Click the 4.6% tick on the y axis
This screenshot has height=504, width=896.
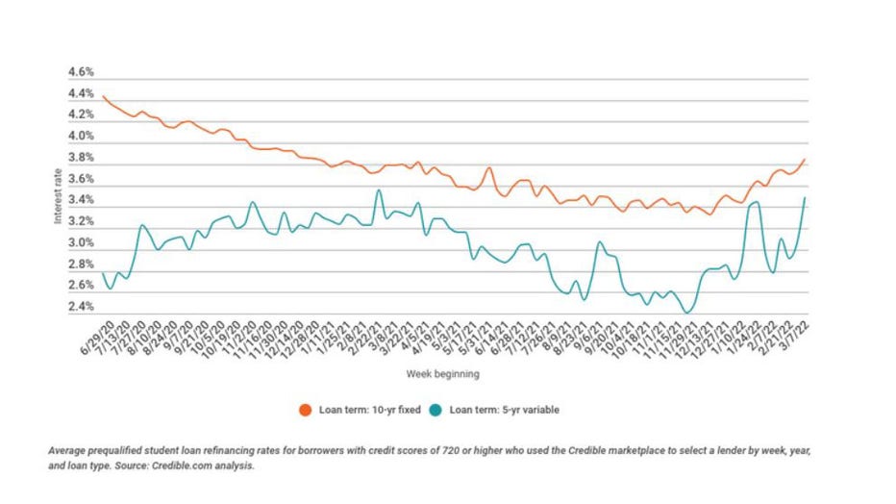click(x=80, y=72)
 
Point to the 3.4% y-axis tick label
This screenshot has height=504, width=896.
click(x=80, y=200)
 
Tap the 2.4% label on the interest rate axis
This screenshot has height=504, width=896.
click(x=80, y=307)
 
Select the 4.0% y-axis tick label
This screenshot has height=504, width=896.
click(x=80, y=137)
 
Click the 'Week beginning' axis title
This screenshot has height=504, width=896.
click(x=443, y=373)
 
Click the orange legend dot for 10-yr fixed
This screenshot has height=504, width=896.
click(x=305, y=410)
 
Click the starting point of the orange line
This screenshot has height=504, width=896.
click(x=103, y=96)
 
